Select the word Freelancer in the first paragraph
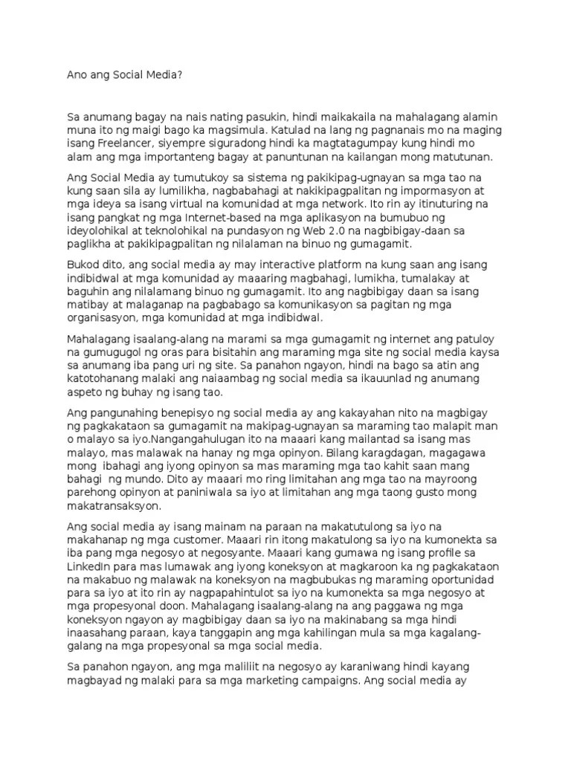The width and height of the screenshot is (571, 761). click(x=126, y=144)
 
